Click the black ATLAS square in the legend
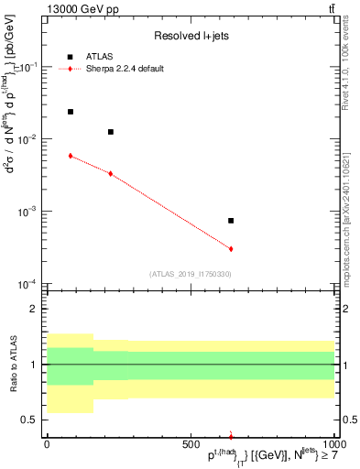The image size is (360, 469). coord(71,56)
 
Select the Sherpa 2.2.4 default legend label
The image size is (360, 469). coord(126,69)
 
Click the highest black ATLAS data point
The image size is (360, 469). coord(71,112)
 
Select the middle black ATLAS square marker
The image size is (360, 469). coord(111,132)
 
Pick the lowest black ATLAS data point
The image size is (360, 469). coord(231,221)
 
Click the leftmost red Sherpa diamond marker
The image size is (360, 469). coord(71,156)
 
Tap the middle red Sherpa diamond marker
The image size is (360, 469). coord(111,173)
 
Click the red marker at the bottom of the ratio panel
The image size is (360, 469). coord(231,437)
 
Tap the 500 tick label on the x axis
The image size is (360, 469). coord(191,445)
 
